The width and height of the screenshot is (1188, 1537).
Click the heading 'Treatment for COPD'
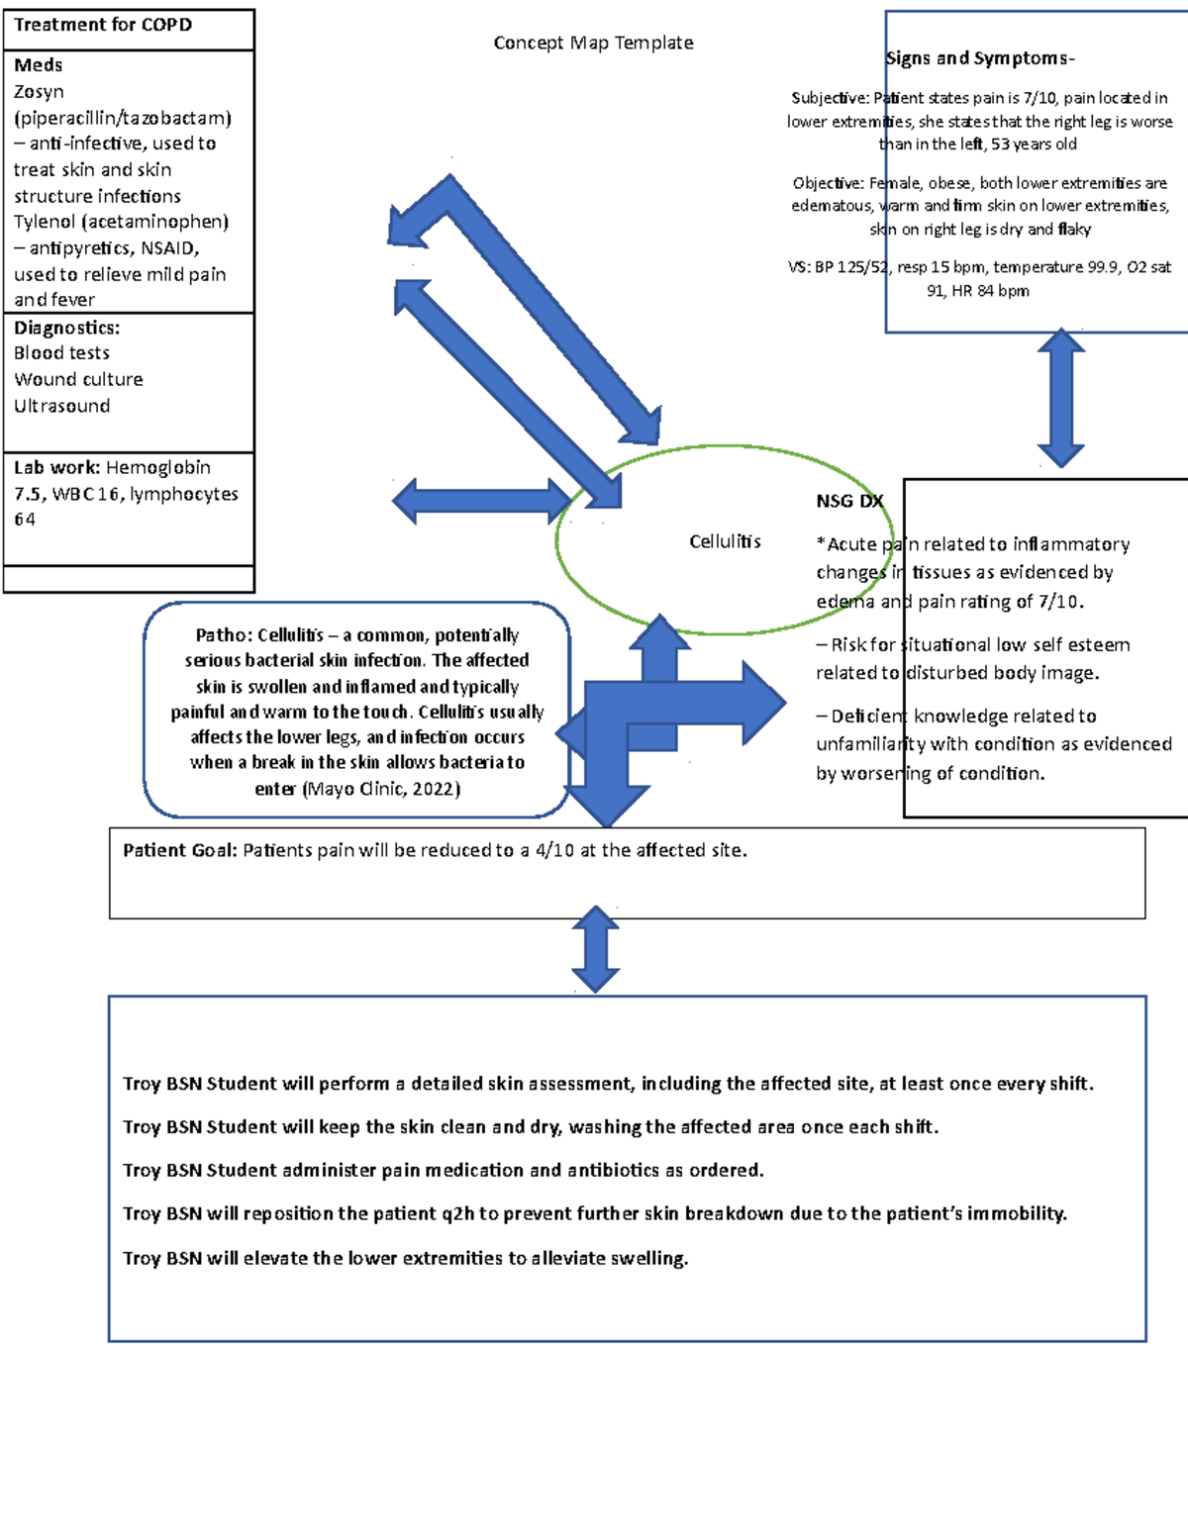pos(103,25)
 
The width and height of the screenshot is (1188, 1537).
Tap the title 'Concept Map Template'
pos(593,43)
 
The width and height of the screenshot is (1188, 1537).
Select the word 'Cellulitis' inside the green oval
pos(725,541)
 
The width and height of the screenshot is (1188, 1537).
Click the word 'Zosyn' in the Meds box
pos(39,91)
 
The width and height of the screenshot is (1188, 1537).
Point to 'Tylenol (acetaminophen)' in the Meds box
pos(121,221)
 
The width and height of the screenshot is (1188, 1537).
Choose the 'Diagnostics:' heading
pos(66,328)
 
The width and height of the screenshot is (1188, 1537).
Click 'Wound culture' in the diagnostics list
pos(78,379)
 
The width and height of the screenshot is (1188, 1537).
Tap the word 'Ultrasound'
pos(61,406)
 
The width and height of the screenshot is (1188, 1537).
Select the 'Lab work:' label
pos(56,467)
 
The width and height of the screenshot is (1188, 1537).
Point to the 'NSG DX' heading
pos(849,501)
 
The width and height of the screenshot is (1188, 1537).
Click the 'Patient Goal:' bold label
pos(180,850)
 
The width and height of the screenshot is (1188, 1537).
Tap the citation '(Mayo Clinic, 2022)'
pos(381,789)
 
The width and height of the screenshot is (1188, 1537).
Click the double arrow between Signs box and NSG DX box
pos(1061,398)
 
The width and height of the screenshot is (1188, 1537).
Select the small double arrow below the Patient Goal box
pos(596,949)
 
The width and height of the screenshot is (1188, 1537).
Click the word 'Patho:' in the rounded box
pos(224,635)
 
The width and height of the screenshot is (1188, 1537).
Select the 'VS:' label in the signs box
pos(798,267)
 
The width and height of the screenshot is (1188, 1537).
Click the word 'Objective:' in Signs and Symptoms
pos(828,183)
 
